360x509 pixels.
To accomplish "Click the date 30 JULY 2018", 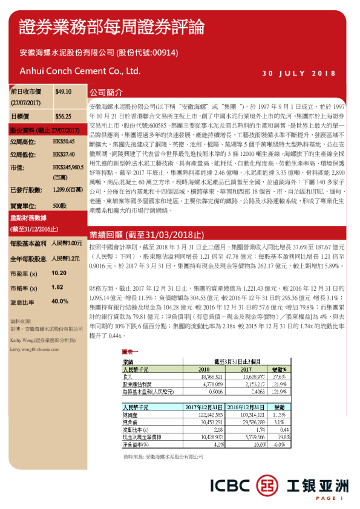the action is pyautogui.click(x=299, y=74).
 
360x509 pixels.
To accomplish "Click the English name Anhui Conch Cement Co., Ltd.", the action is pyautogui.click(x=80, y=71).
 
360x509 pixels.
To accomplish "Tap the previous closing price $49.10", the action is pyautogui.click(x=64, y=92).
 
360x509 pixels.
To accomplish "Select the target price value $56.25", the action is pyautogui.click(x=64, y=116).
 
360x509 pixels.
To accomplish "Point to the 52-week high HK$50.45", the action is pyautogui.click(x=64, y=141).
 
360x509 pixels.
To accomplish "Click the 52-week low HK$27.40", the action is pyautogui.click(x=64, y=154).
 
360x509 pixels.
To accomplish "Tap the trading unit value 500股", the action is pyautogui.click(x=60, y=206).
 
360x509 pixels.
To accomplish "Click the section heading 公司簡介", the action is pyautogui.click(x=106, y=94).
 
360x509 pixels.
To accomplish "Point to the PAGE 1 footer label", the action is pyautogui.click(x=329, y=498).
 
